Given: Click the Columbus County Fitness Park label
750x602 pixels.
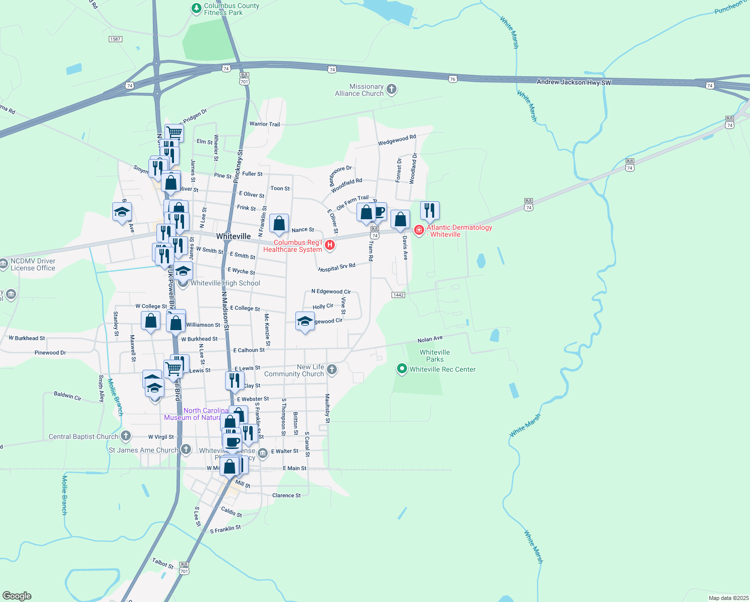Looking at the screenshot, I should point(231,9).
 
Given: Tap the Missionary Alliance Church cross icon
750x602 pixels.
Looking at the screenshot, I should point(392,90).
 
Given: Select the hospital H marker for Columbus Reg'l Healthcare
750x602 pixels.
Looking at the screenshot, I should point(330,245).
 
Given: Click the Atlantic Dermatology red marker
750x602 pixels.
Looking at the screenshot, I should point(419,230).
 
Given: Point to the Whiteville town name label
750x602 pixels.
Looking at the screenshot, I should point(233,236).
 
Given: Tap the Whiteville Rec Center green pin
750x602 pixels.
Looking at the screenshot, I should point(402,369).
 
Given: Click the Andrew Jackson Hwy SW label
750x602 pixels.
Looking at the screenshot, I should point(574,82).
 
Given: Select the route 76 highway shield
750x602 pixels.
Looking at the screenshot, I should point(453,79).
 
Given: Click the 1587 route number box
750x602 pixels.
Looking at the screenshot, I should point(115,39).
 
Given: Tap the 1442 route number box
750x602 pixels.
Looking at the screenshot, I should point(398,295).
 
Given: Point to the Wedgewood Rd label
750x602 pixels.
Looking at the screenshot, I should point(397,140).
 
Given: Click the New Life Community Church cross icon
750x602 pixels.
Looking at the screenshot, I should point(331,370).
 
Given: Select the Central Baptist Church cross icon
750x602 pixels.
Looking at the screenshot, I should point(126,436).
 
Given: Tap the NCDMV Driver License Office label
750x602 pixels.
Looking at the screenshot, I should point(33,264).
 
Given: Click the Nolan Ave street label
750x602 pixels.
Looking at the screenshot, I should point(430,340).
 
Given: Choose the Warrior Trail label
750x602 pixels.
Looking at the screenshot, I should point(265,124).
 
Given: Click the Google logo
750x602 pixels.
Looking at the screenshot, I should point(17,596).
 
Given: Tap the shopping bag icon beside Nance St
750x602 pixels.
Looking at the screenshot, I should point(279,223).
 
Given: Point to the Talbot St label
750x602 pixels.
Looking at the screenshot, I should point(162,563).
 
